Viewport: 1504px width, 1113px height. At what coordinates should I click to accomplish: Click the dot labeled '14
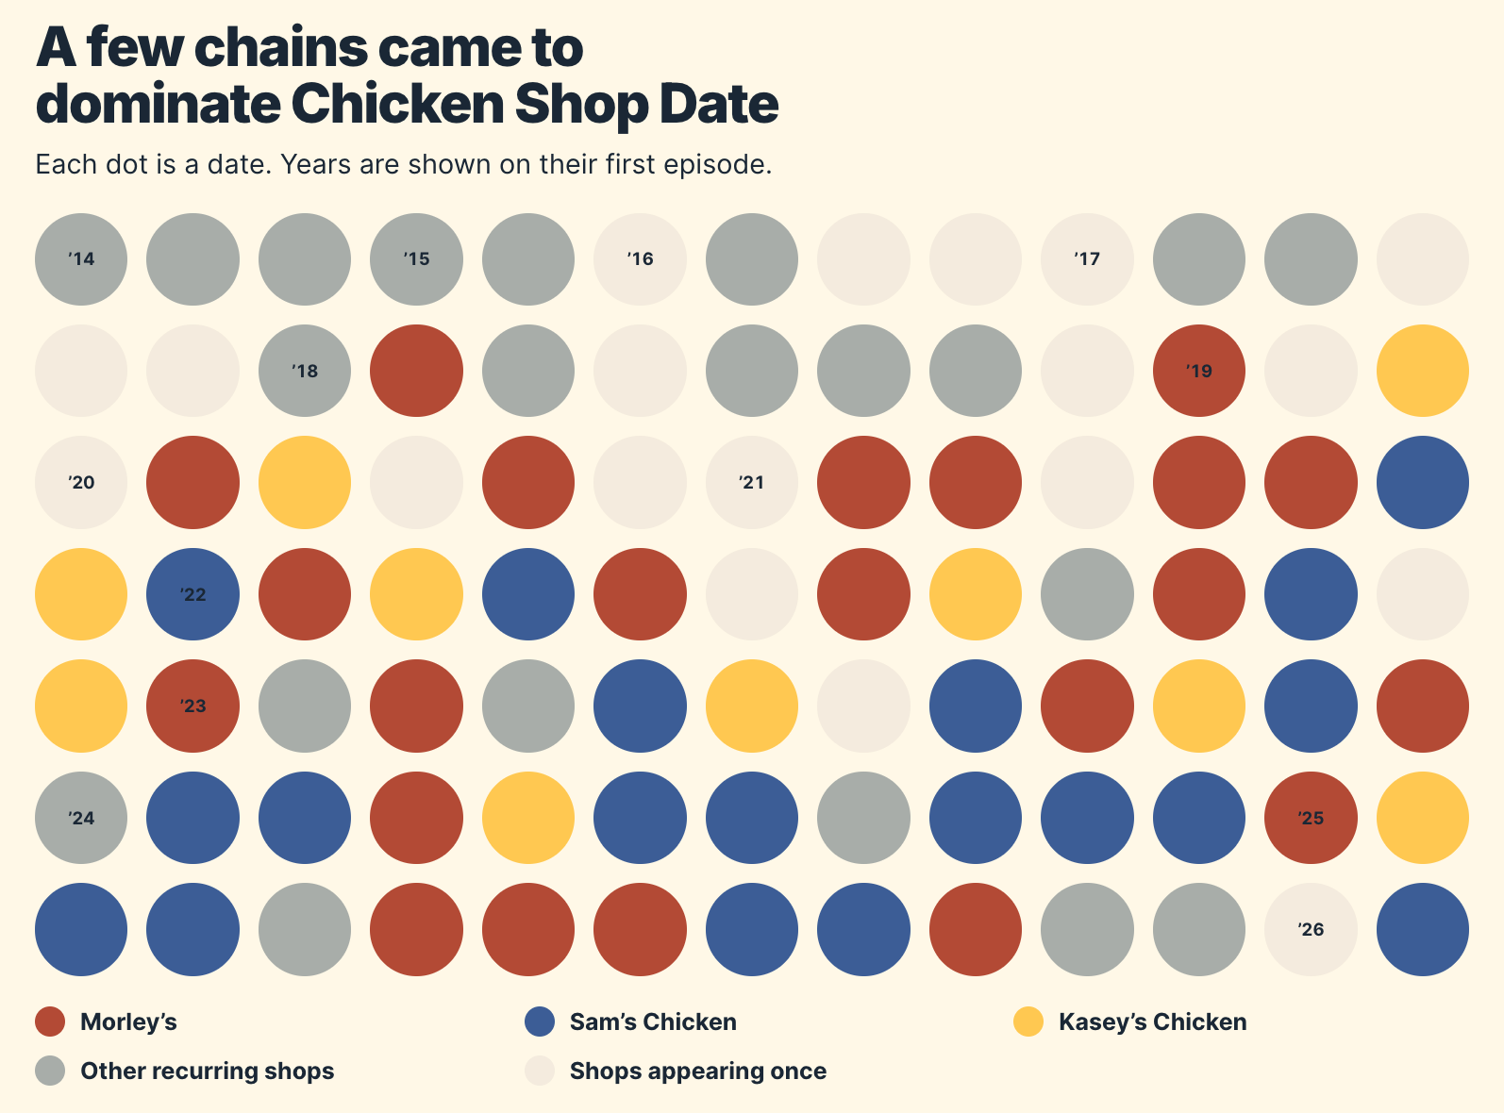pyautogui.click(x=81, y=259)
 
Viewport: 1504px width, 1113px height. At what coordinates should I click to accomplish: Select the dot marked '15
pyautogui.click(x=416, y=259)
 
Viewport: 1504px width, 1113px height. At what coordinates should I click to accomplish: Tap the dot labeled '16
pyautogui.click(x=640, y=259)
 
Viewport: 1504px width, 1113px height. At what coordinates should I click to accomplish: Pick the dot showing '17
pyautogui.click(x=1087, y=259)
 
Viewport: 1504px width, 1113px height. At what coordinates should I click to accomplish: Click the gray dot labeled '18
pyautogui.click(x=305, y=371)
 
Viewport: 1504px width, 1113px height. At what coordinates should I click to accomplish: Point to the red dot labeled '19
pyautogui.click(x=1199, y=371)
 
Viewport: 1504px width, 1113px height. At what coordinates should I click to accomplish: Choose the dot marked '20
pyautogui.click(x=81, y=483)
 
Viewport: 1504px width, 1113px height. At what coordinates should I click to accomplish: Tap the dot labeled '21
pyautogui.click(x=752, y=483)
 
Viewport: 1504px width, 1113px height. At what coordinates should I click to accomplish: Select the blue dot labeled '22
pyautogui.click(x=192, y=594)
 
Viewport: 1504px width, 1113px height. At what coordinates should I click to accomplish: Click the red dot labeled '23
pyautogui.click(x=192, y=706)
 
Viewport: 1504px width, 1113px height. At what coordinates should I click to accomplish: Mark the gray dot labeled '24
pyautogui.click(x=81, y=818)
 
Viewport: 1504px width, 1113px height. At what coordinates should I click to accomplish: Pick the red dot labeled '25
pyautogui.click(x=1311, y=818)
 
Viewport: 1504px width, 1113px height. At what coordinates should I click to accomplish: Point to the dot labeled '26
pyautogui.click(x=1311, y=929)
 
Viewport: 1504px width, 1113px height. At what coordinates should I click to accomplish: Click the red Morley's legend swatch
pyautogui.click(x=50, y=1022)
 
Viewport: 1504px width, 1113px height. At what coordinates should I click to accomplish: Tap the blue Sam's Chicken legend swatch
pyautogui.click(x=540, y=1022)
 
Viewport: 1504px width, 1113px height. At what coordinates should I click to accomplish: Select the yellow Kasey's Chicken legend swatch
pyautogui.click(x=1028, y=1022)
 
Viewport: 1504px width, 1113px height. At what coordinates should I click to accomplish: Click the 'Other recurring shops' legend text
pyautogui.click(x=208, y=1071)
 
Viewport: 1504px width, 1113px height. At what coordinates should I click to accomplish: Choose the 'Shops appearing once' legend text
pyautogui.click(x=698, y=1071)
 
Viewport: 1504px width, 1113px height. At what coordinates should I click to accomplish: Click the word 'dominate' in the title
pyautogui.click(x=158, y=105)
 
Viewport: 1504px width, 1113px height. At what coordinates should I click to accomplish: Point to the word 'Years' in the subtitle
pyautogui.click(x=317, y=165)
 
